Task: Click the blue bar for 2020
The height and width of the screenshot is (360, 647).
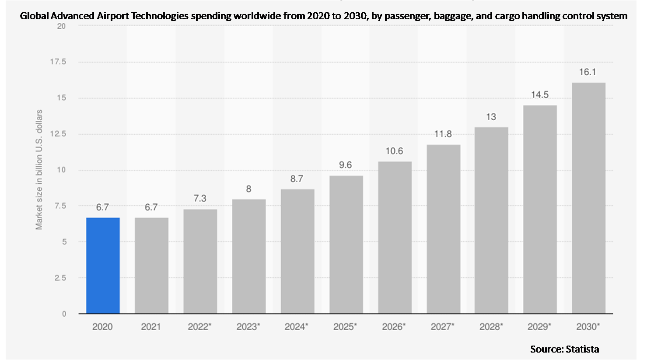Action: click(x=103, y=266)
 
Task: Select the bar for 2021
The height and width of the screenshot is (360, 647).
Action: click(x=151, y=266)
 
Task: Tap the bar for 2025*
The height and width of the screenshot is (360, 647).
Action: click(x=346, y=245)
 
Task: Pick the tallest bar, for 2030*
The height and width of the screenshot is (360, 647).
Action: click(x=588, y=198)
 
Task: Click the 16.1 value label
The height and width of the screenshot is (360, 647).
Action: click(x=588, y=72)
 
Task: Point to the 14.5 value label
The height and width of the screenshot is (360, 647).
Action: click(x=540, y=95)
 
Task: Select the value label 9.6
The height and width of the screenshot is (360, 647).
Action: click(x=346, y=165)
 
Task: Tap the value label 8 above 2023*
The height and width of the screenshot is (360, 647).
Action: click(x=248, y=189)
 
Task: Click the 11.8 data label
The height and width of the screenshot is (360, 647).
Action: click(x=443, y=134)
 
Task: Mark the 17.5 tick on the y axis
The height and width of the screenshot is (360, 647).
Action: click(x=58, y=62)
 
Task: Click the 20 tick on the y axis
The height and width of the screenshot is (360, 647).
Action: click(x=62, y=26)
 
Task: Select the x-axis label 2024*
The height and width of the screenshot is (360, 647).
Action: click(x=297, y=327)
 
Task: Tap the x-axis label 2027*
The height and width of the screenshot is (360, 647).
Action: click(x=443, y=327)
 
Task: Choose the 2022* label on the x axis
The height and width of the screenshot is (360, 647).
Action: click(x=200, y=327)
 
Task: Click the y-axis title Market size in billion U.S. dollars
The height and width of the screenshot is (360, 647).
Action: click(x=39, y=170)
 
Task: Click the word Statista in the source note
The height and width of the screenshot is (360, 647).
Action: click(x=582, y=349)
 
